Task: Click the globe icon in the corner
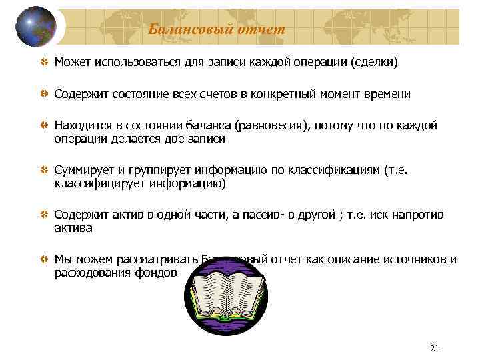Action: (x=37, y=27)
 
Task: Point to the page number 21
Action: (x=435, y=349)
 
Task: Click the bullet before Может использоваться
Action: (x=43, y=63)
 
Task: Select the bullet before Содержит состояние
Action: (x=43, y=95)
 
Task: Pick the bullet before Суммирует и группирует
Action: (x=43, y=171)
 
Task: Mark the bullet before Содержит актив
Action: (x=43, y=215)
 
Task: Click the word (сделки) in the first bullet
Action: (x=374, y=63)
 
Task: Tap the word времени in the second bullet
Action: (x=387, y=95)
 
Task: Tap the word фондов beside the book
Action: (x=159, y=273)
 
